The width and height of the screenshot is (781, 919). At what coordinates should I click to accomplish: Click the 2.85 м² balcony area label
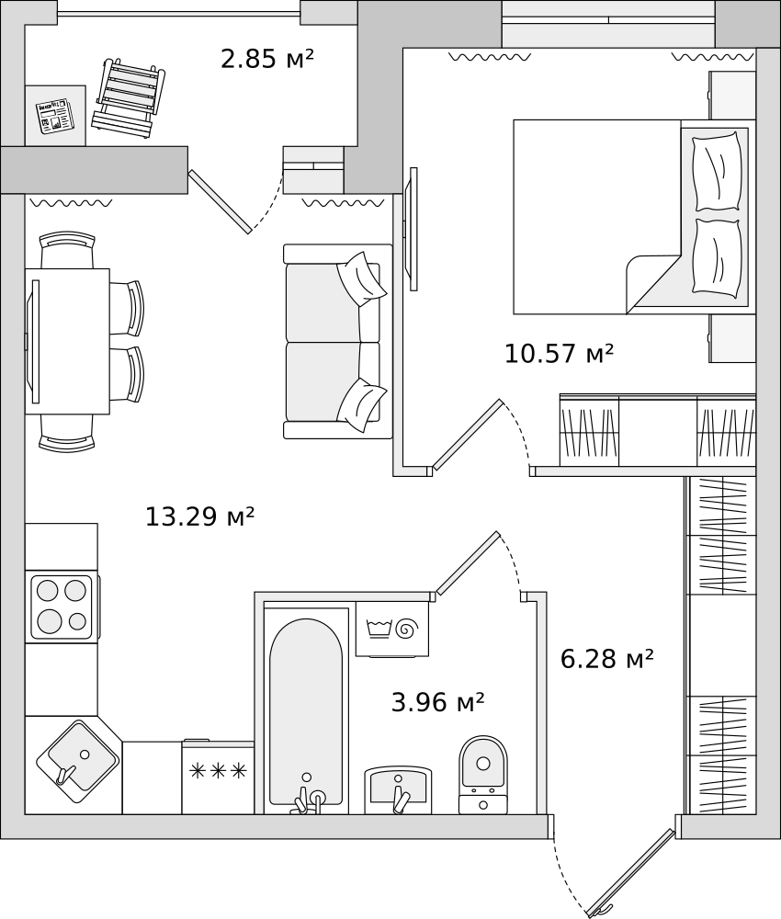[267, 59]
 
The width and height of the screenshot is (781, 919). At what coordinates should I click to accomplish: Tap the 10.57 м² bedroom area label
[559, 354]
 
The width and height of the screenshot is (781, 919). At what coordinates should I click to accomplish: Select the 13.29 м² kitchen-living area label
[199, 516]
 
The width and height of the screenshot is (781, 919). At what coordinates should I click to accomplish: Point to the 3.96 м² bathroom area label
[437, 701]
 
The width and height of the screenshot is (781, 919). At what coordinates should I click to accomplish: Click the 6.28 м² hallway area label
[607, 659]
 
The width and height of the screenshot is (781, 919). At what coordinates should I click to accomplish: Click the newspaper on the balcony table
[54, 116]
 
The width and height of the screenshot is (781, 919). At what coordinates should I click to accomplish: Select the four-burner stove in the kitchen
[62, 607]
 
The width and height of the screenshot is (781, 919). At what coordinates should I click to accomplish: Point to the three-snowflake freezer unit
[218, 777]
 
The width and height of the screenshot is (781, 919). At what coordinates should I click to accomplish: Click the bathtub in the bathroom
[306, 712]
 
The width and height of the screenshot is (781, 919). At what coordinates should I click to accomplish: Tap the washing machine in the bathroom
[392, 629]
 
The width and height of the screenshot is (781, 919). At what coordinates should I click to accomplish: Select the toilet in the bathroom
[483, 774]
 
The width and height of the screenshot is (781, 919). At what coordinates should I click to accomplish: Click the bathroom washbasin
[399, 789]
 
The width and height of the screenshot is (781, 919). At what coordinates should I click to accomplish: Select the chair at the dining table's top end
[67, 249]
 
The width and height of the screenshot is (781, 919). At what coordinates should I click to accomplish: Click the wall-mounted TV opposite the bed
[413, 229]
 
